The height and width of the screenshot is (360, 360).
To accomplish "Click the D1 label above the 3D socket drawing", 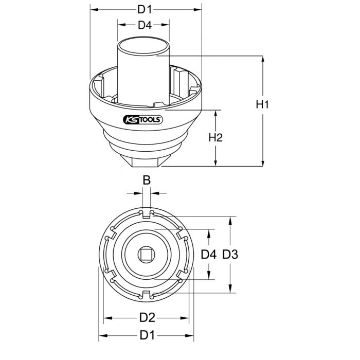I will (x=144, y=9).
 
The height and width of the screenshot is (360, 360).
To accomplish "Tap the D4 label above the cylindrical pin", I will (x=144, y=25).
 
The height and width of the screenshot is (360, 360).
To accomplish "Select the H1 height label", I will (x=263, y=104).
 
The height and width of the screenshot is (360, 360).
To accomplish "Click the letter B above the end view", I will (x=146, y=181).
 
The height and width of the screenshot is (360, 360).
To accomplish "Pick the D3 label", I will (x=233, y=254).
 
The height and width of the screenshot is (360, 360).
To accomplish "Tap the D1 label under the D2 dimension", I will (x=148, y=335).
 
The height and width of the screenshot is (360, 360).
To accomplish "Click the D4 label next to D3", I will (x=208, y=254).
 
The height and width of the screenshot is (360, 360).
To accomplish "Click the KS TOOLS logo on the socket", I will (x=143, y=120).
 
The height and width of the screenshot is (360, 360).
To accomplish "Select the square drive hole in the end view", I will (x=147, y=254).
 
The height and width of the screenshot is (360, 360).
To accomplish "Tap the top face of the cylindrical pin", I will (x=144, y=45).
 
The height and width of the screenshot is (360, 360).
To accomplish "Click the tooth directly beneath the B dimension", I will (x=146, y=212).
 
